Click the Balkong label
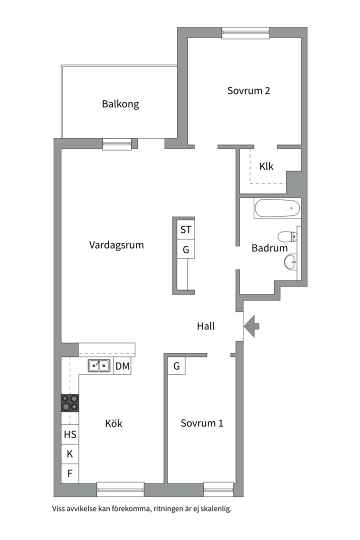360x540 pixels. pyautogui.click(x=120, y=104)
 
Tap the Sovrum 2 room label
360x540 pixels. pyautogui.click(x=248, y=90)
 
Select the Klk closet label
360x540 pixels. pyautogui.click(x=266, y=166)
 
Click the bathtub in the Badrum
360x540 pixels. pyautogui.click(x=277, y=208)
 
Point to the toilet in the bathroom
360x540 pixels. pyautogui.click(x=287, y=236)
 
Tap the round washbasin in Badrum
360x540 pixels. pyautogui.click(x=290, y=261)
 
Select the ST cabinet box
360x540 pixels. pyautogui.click(x=185, y=229)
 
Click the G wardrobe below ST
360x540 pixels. pyautogui.click(x=185, y=249)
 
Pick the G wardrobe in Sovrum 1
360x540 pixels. pyautogui.click(x=176, y=365)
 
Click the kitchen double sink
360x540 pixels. pyautogui.click(x=99, y=365)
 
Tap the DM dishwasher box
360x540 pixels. pyautogui.click(x=122, y=365)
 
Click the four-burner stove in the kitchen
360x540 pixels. pyautogui.click(x=70, y=403)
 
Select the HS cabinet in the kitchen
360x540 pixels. pyautogui.click(x=70, y=434)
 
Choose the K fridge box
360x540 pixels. pyautogui.click(x=70, y=454)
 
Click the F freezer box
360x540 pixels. pyautogui.click(x=70, y=473)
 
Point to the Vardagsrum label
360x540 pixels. pyautogui.click(x=116, y=245)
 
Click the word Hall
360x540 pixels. pyautogui.click(x=205, y=326)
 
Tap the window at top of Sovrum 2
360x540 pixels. pyautogui.click(x=245, y=32)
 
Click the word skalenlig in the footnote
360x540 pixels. pyautogui.click(x=216, y=508)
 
